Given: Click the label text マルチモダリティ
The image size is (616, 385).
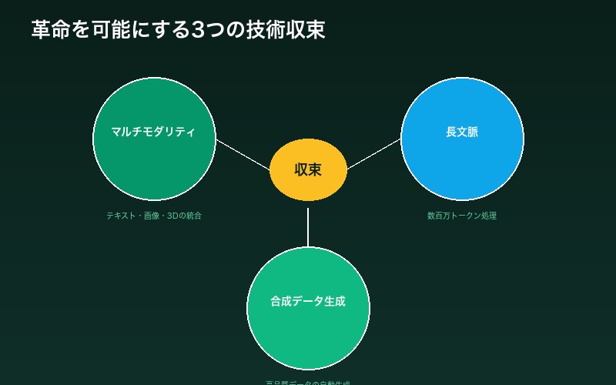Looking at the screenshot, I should (x=153, y=132).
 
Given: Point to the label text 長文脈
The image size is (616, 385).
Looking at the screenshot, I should (x=462, y=132).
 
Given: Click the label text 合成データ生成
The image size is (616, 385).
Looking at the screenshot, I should (x=308, y=301).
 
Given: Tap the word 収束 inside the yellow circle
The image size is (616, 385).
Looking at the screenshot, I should (x=308, y=170).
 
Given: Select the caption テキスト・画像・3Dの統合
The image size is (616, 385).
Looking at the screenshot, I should (x=154, y=216).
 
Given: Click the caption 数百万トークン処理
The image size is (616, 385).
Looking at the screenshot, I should (x=462, y=216).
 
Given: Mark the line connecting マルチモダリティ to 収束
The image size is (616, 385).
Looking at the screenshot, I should (x=243, y=154).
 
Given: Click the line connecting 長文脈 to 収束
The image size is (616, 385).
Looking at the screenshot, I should (x=373, y=154).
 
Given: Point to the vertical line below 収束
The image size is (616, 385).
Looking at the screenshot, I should (x=308, y=227).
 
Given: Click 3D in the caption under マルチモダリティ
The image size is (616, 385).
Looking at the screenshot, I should (x=172, y=216).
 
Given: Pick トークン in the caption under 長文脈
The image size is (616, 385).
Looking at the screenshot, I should (x=466, y=216).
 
